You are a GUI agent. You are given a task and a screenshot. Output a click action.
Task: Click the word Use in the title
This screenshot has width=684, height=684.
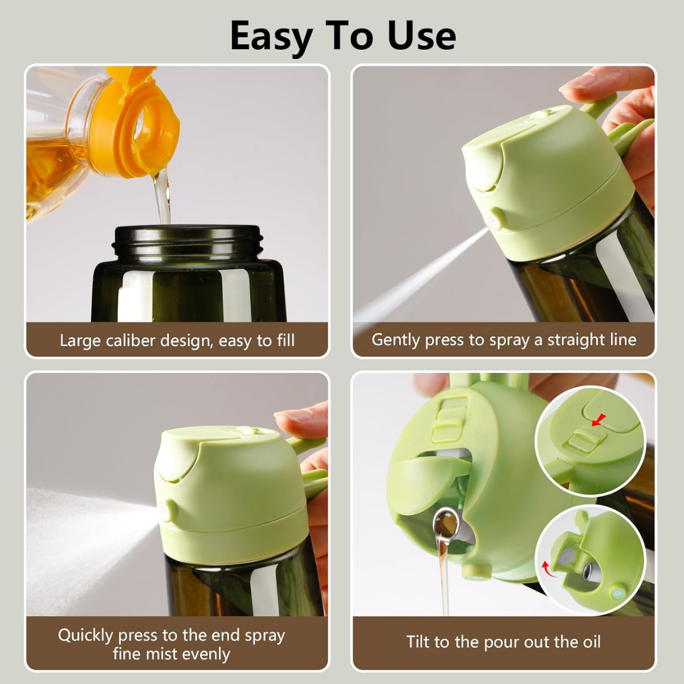[421, 36]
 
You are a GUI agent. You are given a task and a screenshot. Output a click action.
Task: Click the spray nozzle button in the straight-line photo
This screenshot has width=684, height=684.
[495, 219]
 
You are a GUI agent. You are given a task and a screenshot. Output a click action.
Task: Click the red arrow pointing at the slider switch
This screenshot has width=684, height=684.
[598, 421]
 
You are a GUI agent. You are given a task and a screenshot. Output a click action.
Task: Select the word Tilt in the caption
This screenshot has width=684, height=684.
[419, 642]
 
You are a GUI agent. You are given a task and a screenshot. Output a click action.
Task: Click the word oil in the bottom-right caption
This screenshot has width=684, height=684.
[588, 642]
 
